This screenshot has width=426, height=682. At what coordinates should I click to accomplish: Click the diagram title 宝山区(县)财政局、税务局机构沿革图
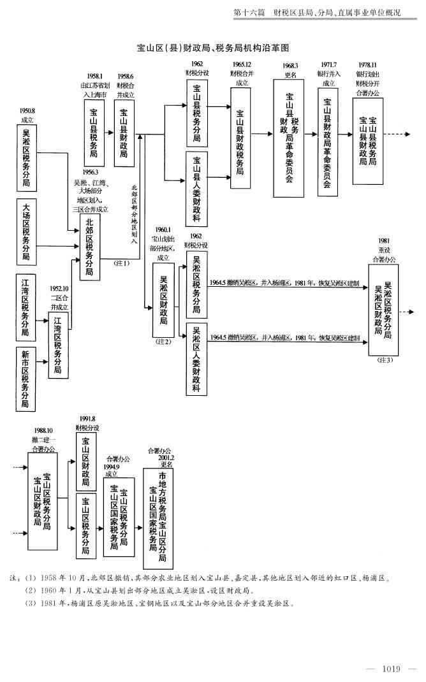pos(214,48)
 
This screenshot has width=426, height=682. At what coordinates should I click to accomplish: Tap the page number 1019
pos(390,668)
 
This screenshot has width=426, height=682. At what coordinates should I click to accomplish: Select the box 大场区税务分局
pos(27,231)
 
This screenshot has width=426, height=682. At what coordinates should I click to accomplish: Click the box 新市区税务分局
pos(26,379)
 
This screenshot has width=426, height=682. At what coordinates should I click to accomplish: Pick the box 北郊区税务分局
pos(89,247)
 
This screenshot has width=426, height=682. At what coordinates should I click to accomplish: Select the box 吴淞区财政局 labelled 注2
pos(163,300)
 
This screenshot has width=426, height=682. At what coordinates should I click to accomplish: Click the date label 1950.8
pos(27,111)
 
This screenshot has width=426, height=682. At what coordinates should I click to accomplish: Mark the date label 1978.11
pos(367,65)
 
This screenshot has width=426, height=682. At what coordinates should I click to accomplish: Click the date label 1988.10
pos(43,430)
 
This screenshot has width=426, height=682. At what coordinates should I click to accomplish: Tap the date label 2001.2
pos(166,457)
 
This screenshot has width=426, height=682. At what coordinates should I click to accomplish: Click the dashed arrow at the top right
pos(400,134)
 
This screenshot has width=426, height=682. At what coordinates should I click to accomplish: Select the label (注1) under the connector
pos(121,263)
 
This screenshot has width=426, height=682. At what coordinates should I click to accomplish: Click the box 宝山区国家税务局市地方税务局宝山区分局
pos(158,518)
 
